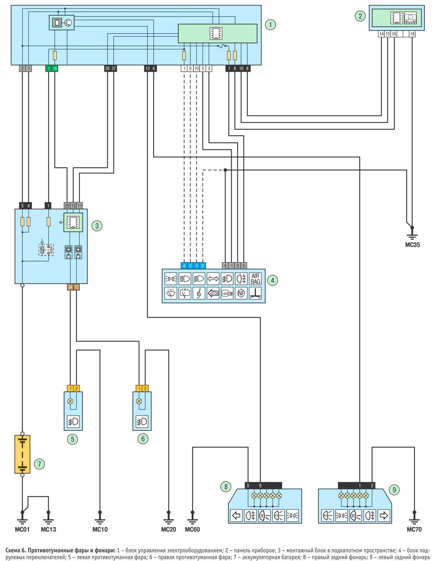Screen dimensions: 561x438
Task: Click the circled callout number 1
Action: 270,25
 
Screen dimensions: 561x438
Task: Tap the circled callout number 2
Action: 361,16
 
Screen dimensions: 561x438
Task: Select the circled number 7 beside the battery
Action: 39,464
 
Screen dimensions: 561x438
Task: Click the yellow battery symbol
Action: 22,454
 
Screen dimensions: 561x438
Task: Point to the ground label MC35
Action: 412,245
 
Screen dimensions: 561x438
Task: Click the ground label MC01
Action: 22,529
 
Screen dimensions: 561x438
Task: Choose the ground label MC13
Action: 48,529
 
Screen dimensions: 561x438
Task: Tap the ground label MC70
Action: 414,529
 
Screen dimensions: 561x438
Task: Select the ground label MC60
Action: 192,529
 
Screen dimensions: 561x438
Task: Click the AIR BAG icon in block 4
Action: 255,279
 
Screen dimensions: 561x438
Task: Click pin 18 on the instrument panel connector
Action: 412,34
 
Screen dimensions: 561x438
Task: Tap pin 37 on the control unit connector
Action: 114,69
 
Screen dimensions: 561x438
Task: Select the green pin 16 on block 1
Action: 55,69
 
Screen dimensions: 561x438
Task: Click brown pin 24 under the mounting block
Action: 70,287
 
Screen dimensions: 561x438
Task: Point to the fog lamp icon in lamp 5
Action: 73,422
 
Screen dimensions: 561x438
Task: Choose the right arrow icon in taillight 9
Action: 384,516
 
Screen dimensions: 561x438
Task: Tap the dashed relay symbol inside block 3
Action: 46,250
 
